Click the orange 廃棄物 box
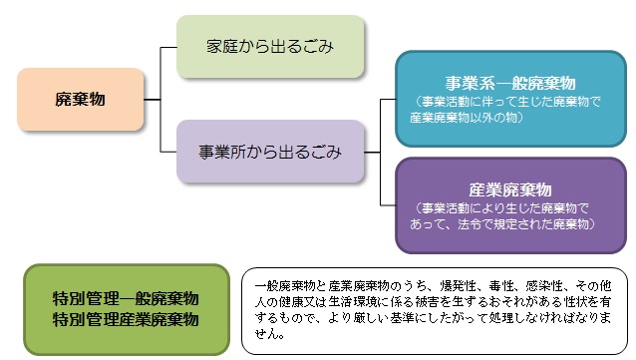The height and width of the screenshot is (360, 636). tap(81, 100)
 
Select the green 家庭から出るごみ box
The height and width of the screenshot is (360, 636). tap(269, 47)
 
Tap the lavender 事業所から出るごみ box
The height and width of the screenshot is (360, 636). tap(269, 153)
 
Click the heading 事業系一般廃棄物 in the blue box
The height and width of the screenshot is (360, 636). tap(509, 83)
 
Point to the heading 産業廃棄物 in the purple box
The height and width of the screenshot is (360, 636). tap(509, 189)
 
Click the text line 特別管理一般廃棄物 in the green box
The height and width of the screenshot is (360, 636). tap(126, 299)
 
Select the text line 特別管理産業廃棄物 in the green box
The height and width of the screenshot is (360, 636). tap(126, 319)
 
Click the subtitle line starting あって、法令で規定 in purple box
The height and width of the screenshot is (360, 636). tap(508, 224)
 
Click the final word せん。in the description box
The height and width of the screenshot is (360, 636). tap(270, 335)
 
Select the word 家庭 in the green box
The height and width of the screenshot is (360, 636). tap(220, 47)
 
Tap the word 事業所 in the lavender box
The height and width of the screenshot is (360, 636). tap(222, 153)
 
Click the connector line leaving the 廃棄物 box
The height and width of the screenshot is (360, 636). tap(152, 100)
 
